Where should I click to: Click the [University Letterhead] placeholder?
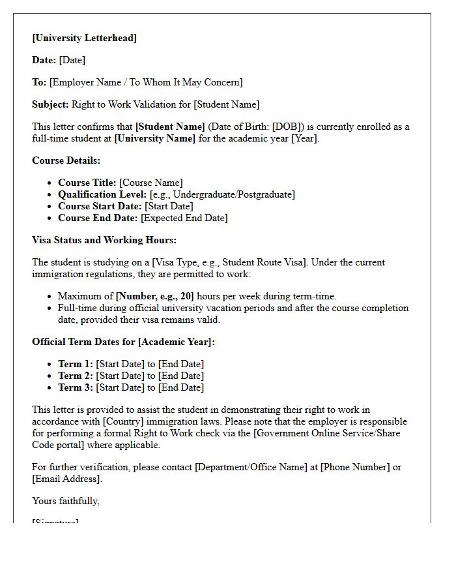[x=85, y=38]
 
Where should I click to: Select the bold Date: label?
[x=44, y=60]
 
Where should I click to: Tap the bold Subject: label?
[x=50, y=104]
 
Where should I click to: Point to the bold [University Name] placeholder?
[x=154, y=138]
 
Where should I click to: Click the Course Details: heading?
[x=66, y=160]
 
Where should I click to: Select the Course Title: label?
[x=87, y=183]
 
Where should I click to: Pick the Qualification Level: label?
[x=102, y=194]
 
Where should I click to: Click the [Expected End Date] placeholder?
[x=184, y=218]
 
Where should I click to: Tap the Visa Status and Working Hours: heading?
[x=104, y=240]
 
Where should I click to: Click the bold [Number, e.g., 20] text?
[x=155, y=296]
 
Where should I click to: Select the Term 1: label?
[x=76, y=364]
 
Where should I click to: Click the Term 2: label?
[x=76, y=376]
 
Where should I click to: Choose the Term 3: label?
[x=76, y=387]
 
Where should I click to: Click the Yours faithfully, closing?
[x=66, y=501]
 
